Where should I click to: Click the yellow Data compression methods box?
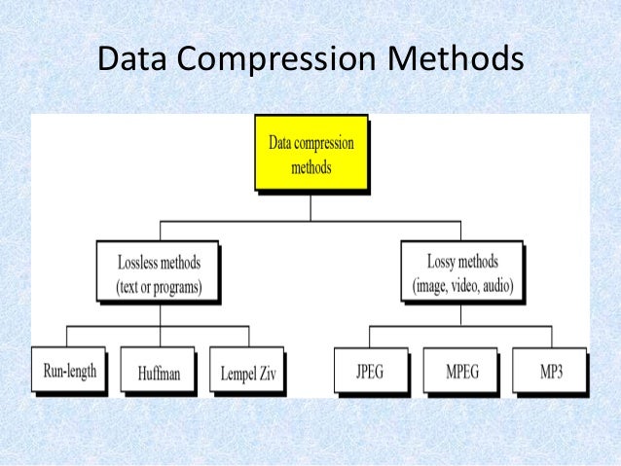click(x=310, y=154)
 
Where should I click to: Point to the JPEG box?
click(x=372, y=372)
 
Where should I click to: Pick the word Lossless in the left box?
click(x=135, y=263)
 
